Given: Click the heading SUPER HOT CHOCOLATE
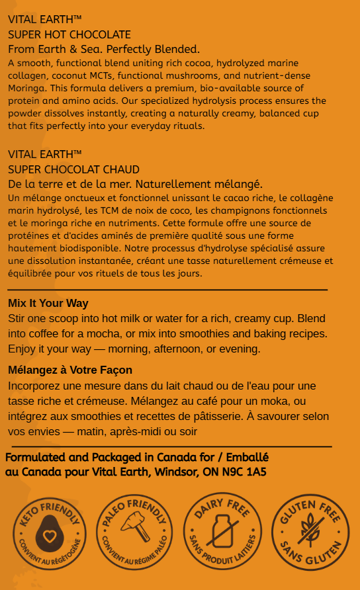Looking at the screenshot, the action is click(69, 34).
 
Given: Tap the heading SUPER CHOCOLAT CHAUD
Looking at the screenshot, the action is click(73, 169).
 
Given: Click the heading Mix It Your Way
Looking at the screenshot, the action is click(48, 303).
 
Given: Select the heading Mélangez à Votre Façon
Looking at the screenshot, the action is click(70, 370).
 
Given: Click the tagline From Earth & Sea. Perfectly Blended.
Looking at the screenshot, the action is click(104, 50).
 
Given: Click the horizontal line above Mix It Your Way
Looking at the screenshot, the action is click(167, 290).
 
